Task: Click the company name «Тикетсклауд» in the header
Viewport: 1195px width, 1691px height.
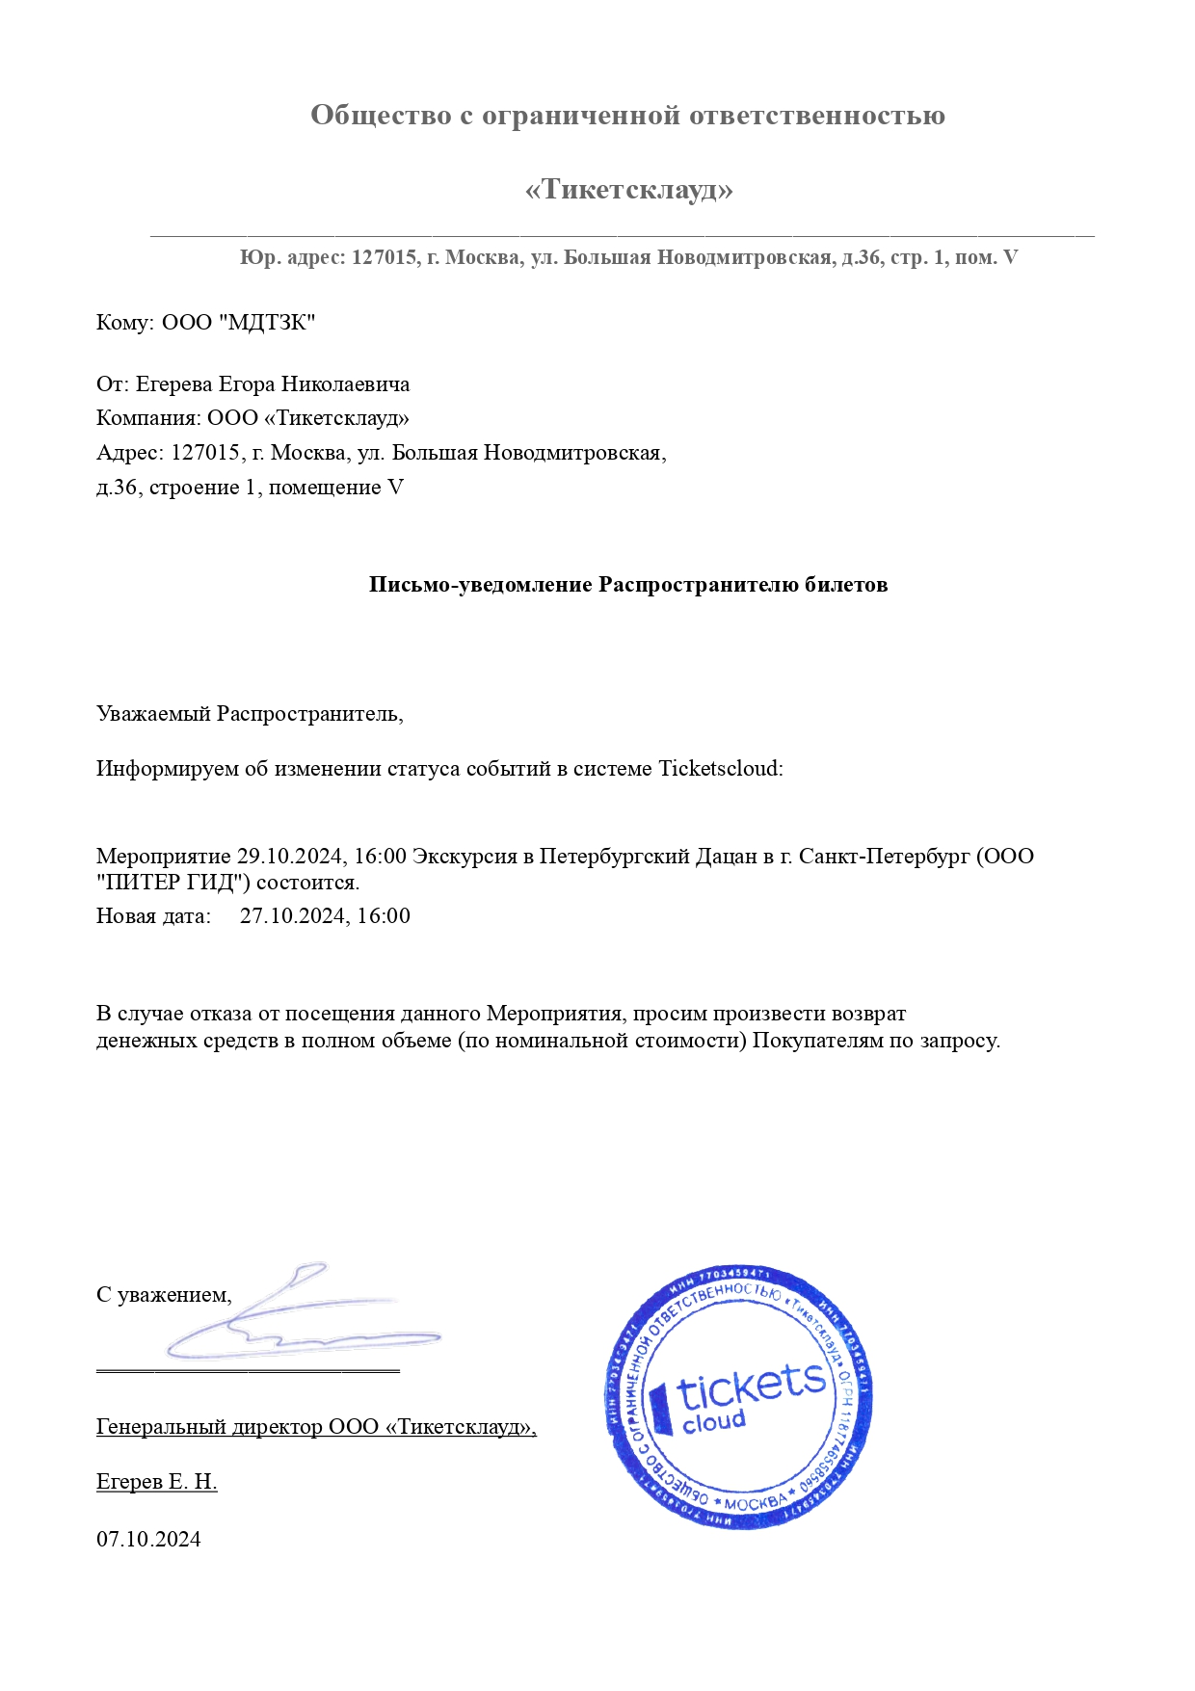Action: [628, 189]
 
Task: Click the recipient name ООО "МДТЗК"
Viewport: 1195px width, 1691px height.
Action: [238, 323]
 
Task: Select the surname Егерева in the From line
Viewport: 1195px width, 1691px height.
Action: [174, 384]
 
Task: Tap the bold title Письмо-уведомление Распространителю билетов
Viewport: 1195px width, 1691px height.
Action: [628, 585]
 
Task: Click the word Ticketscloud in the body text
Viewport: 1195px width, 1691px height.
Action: [720, 769]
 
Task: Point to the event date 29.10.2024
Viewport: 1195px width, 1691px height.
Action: [290, 857]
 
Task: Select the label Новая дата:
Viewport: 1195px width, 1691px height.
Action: [153, 916]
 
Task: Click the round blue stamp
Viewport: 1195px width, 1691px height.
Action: [740, 1397]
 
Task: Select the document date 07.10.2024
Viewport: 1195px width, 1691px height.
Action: [148, 1539]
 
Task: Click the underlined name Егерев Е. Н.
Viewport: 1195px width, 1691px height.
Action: [156, 1482]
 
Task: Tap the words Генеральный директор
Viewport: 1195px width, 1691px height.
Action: [209, 1427]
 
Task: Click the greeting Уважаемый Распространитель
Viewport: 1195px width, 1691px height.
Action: [249, 714]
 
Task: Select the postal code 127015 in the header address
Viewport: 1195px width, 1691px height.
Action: [384, 258]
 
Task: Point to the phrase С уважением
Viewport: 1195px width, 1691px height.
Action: [164, 1295]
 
